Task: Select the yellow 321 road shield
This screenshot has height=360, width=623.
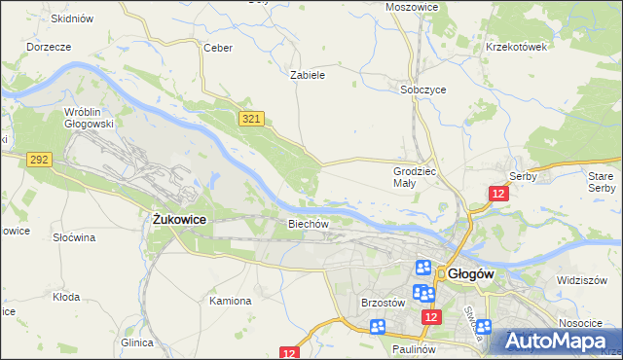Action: (251, 118)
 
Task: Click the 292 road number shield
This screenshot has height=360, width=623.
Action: (39, 159)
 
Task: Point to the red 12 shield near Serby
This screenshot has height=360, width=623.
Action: (498, 194)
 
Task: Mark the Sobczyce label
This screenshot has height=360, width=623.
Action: (423, 90)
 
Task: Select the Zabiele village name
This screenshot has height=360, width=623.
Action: (308, 74)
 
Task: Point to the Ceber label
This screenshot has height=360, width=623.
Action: (216, 48)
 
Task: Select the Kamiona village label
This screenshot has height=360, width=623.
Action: (230, 301)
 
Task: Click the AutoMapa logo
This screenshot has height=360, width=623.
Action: (561, 341)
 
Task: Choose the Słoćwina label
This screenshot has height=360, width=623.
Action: (73, 237)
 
